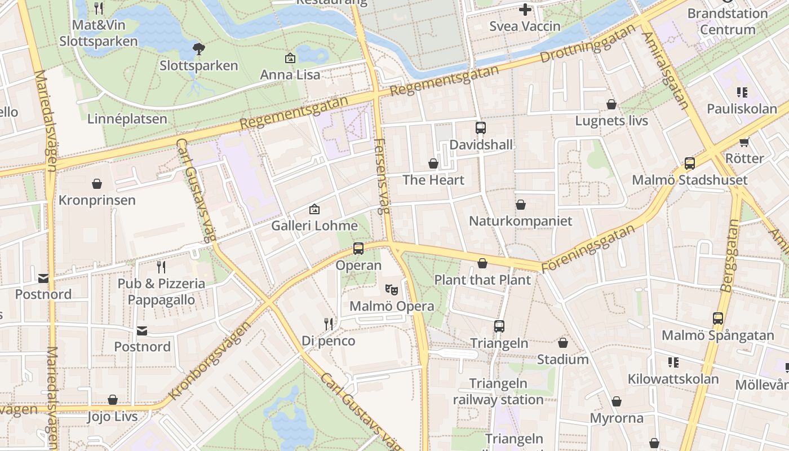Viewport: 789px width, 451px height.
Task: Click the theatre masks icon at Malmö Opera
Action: [392, 290]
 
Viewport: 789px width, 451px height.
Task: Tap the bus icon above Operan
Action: [358, 249]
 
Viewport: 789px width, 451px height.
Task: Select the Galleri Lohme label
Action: [314, 225]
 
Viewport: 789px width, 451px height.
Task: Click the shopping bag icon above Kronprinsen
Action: [97, 184]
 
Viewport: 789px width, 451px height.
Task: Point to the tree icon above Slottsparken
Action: [198, 49]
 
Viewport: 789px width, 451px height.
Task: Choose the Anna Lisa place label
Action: [290, 74]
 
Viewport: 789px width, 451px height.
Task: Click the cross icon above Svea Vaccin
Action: [525, 10]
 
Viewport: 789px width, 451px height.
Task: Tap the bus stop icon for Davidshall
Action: [480, 128]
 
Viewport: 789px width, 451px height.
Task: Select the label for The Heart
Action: [433, 180]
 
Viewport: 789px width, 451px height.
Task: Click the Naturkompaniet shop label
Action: [520, 221]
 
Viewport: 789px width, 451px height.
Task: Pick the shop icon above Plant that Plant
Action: [482, 263]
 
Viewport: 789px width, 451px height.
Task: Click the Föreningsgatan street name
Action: [588, 248]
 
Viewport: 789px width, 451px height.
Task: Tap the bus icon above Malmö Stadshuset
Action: [689, 163]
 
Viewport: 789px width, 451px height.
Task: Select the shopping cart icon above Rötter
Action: [744, 142]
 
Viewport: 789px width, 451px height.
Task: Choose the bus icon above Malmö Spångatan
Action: [717, 319]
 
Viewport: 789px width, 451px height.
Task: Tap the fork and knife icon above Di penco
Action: [329, 324]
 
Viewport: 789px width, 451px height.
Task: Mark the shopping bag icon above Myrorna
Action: [617, 401]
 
